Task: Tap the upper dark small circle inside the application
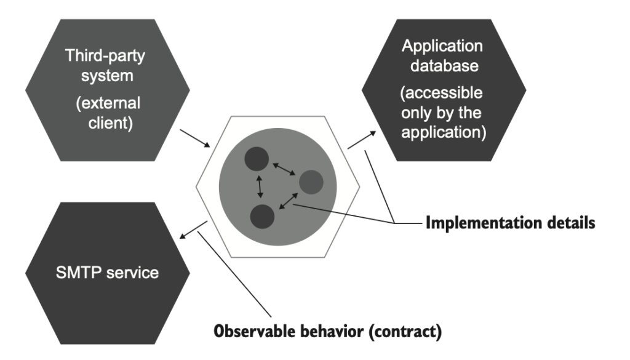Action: pyautogui.click(x=257, y=158)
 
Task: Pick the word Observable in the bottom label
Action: pyautogui.click(x=252, y=333)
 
